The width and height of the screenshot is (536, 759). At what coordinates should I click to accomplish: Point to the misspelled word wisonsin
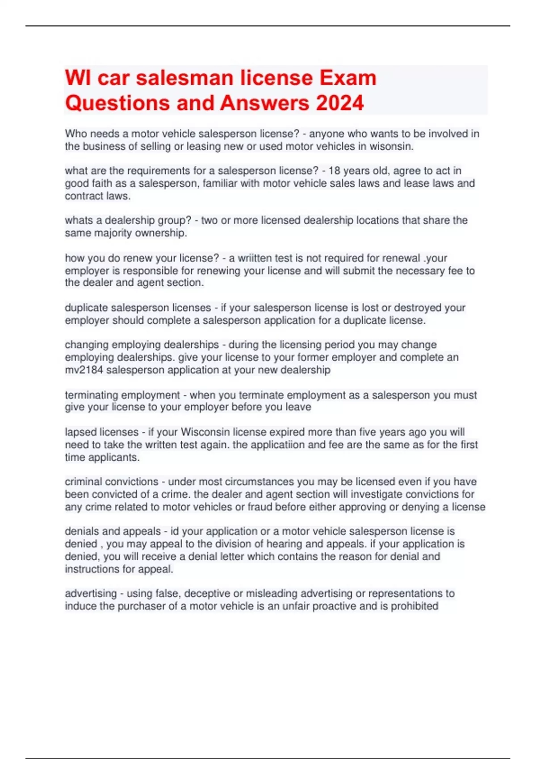(x=391, y=146)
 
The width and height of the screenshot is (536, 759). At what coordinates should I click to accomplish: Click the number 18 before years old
(x=335, y=171)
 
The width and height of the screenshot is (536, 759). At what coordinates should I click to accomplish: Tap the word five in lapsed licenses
(x=386, y=432)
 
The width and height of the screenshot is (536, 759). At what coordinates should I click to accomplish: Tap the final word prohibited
(x=415, y=606)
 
